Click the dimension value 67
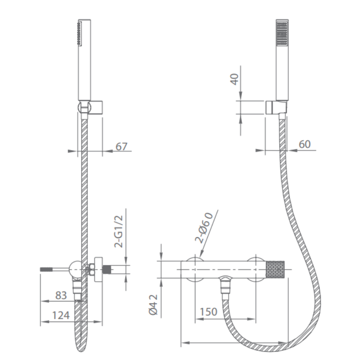point(121,147)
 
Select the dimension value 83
point(61,296)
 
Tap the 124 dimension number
point(61,315)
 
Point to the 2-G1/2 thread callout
point(119,231)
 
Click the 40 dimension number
point(234,79)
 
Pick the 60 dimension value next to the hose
point(305,144)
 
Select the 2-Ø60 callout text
point(204,228)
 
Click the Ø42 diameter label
point(153,305)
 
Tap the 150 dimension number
point(208,312)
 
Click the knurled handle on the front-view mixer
point(275,270)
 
